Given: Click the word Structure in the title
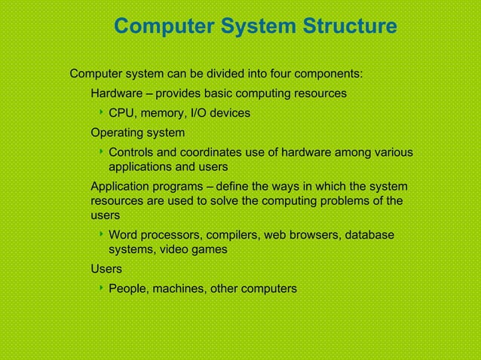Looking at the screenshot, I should [349, 27].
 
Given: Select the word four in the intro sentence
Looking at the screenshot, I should [270, 75].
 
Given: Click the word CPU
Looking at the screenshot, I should [121, 114].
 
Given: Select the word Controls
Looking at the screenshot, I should [133, 153].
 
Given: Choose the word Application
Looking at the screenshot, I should [121, 186].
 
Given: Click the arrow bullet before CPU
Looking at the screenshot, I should [101, 113].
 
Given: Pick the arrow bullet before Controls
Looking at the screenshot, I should [101, 152].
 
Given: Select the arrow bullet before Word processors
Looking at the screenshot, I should [101, 235].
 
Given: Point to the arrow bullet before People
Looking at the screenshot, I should [101, 288].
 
